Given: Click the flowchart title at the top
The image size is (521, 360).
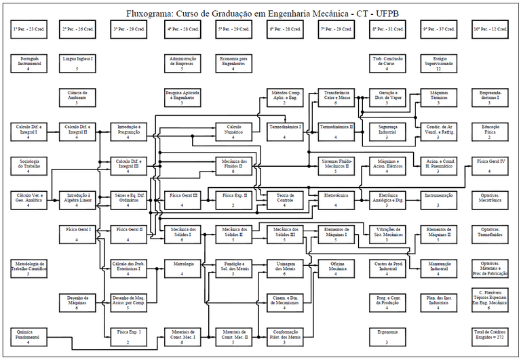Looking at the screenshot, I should (260, 12).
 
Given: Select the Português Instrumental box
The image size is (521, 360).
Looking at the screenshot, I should (28, 63).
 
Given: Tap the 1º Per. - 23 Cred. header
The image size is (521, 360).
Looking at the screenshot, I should (28, 30).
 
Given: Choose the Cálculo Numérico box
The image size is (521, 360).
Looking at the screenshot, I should (233, 132).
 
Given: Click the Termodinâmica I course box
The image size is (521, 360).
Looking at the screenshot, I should (284, 132).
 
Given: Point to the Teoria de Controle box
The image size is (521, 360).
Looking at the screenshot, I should (284, 200).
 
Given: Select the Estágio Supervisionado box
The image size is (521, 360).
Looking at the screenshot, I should (438, 63).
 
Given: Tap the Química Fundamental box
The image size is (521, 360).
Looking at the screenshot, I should (28, 337).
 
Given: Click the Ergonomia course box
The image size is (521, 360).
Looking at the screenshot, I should (387, 337).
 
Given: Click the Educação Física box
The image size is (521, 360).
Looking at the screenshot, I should (489, 132).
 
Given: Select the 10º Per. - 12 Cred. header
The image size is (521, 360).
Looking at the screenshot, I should (489, 30).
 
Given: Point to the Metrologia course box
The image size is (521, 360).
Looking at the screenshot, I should (182, 268).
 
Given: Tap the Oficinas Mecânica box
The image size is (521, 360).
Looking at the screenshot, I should (335, 268).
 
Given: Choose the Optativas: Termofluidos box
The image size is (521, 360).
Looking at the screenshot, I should (489, 235).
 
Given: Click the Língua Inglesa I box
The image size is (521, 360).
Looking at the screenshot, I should (78, 63).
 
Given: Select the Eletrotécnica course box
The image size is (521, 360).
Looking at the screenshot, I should (335, 200).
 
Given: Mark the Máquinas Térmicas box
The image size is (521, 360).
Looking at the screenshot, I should (438, 97).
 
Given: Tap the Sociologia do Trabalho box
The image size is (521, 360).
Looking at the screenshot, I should (28, 166).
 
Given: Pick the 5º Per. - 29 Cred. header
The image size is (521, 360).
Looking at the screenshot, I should (233, 30).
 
